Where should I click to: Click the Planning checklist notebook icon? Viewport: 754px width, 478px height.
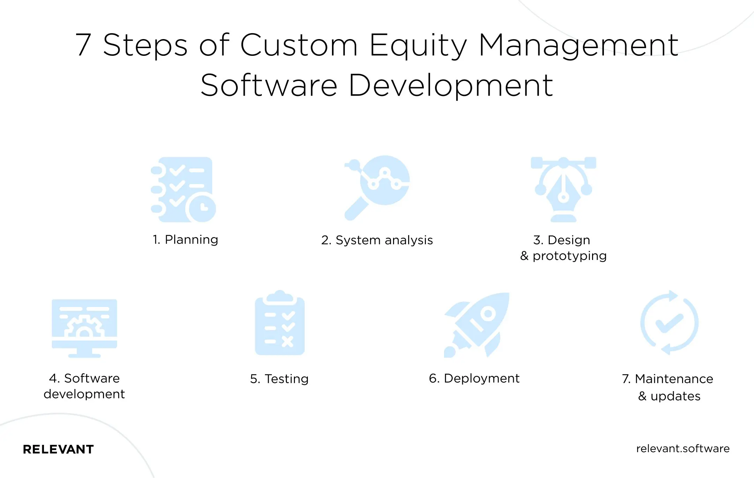click(182, 188)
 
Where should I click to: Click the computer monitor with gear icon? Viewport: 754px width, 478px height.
click(84, 326)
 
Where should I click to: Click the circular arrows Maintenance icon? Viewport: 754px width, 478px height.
click(669, 323)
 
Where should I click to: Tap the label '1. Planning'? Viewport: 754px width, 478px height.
click(185, 240)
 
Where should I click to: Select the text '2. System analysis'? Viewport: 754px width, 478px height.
click(377, 240)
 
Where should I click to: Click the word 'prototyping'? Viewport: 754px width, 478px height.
click(569, 256)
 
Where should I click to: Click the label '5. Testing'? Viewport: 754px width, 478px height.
click(279, 379)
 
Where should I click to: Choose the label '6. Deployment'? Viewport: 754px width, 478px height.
click(474, 378)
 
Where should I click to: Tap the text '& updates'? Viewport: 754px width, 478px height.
click(669, 396)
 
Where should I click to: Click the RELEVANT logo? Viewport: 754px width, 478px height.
click(58, 449)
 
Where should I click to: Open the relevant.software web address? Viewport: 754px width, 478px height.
click(682, 448)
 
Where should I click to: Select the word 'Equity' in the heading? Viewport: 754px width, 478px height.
click(418, 45)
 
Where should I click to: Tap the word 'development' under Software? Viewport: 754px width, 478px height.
click(84, 394)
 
